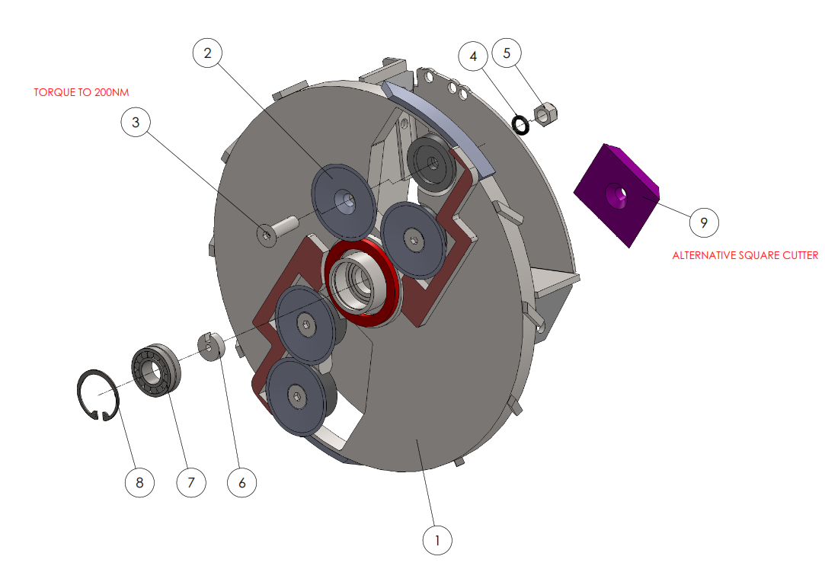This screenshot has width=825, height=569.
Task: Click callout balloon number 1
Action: pyautogui.click(x=437, y=539)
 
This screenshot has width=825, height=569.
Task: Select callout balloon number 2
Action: pyautogui.click(x=207, y=53)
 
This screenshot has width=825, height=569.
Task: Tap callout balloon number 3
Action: pyautogui.click(x=136, y=122)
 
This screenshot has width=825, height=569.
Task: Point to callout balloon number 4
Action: pyautogui.click(x=473, y=56)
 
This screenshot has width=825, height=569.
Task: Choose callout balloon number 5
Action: pyautogui.click(x=507, y=53)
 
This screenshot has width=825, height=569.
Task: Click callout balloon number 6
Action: pyautogui.click(x=242, y=482)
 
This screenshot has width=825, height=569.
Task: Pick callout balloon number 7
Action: pyautogui.click(x=191, y=482)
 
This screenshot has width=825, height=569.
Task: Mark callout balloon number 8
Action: pyautogui.click(x=139, y=482)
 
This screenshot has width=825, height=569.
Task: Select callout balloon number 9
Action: pyautogui.click(x=704, y=222)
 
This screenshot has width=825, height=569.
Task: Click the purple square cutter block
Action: pyautogui.click(x=616, y=194)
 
